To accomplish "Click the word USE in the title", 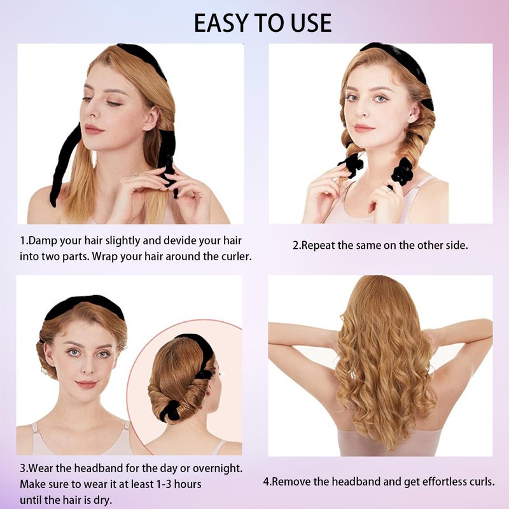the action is pyautogui.click(x=311, y=23).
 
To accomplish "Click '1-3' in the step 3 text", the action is pyautogui.click(x=164, y=484).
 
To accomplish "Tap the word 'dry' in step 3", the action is pyautogui.click(x=102, y=500).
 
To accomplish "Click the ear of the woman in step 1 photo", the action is pyautogui.click(x=150, y=118).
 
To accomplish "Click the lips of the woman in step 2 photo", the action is pyautogui.click(x=363, y=128).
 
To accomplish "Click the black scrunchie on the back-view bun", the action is pyautogui.click(x=169, y=410).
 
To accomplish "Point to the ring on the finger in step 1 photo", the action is pyautogui.click(x=136, y=176).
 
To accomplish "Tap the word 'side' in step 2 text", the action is pyautogui.click(x=457, y=246).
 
